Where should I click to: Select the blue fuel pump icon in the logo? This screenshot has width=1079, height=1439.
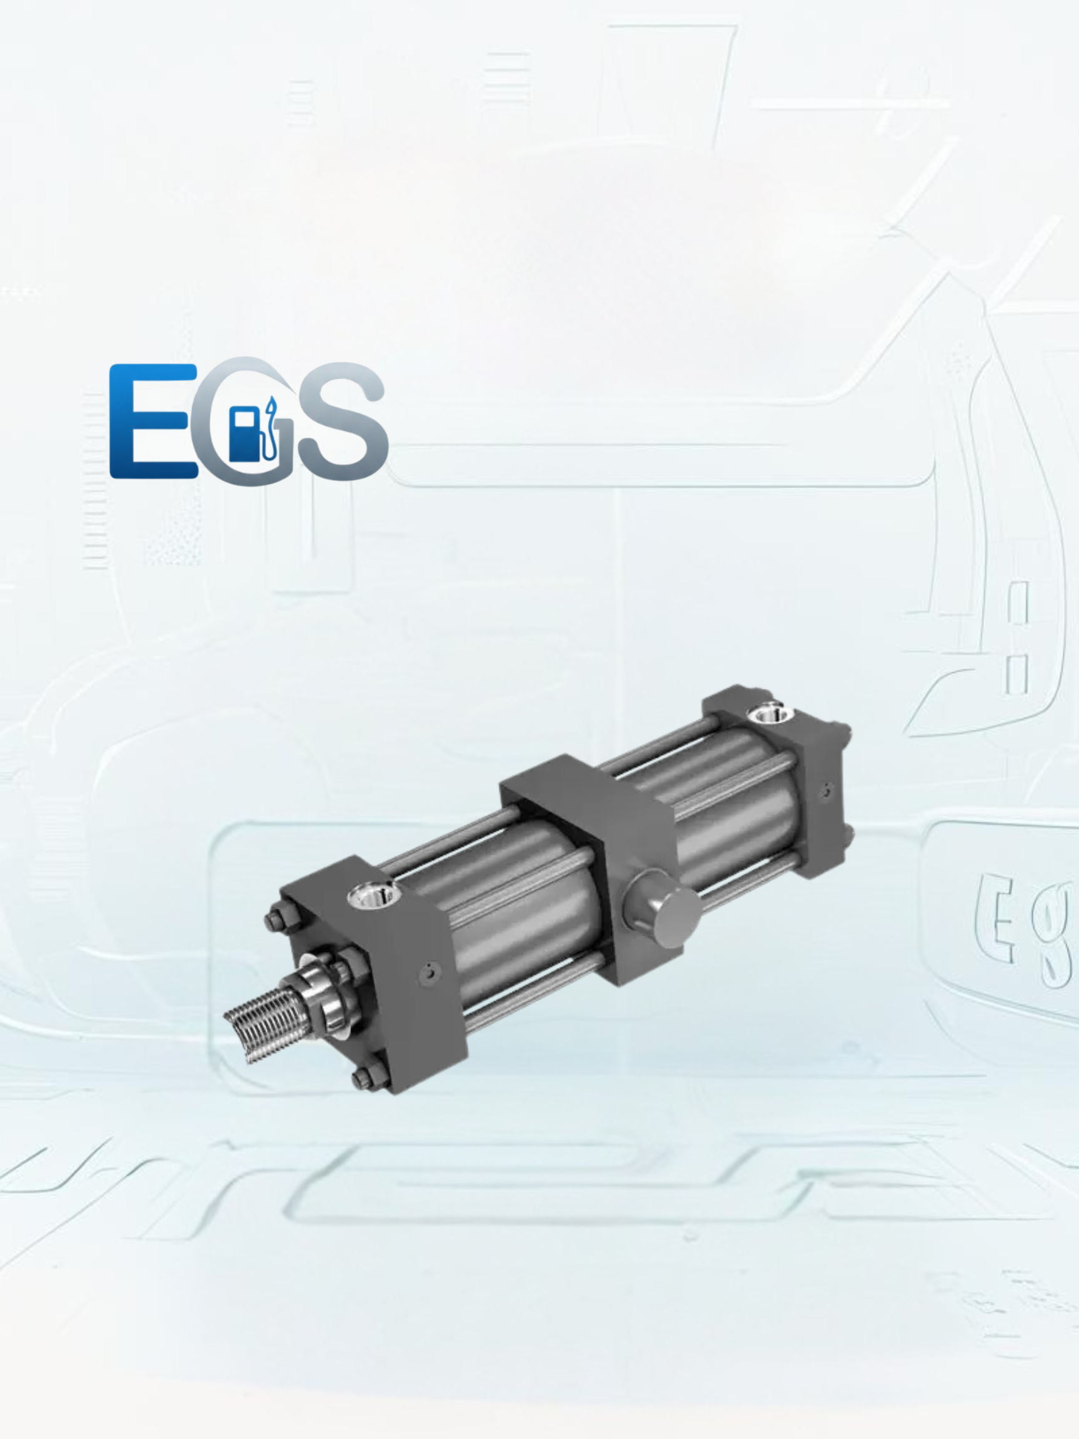click(244, 434)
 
